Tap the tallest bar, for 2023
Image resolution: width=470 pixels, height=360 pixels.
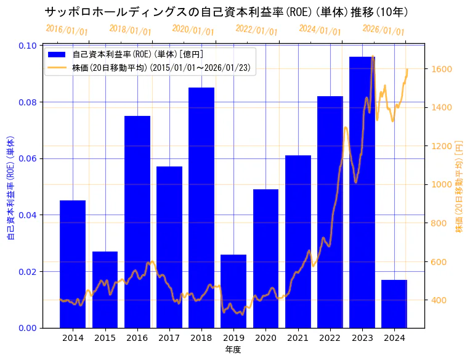[x=362, y=192]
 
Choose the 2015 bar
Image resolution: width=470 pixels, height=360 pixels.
[x=105, y=289]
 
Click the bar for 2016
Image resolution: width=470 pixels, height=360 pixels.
[x=137, y=221]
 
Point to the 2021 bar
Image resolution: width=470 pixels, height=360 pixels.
[x=298, y=241]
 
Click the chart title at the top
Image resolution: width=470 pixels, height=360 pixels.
[x=226, y=12]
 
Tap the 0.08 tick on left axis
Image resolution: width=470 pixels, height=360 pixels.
[x=27, y=102]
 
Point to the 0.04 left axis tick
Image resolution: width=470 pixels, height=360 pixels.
[x=27, y=215]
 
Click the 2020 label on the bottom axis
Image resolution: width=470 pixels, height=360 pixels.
[x=265, y=338]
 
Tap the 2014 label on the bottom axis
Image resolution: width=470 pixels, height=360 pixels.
[x=73, y=338]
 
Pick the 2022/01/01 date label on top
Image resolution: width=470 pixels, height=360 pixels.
[x=257, y=30]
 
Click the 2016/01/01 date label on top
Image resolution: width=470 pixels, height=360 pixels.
[x=67, y=30]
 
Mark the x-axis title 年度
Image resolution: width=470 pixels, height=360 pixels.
[x=233, y=350]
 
